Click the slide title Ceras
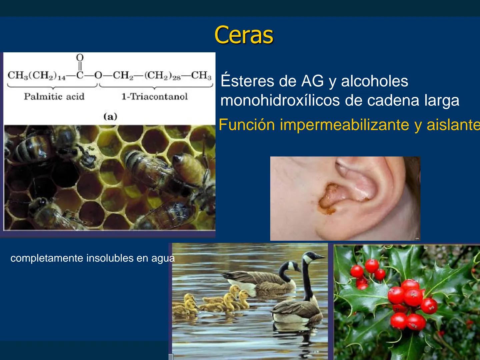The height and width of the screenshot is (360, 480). (x=244, y=35)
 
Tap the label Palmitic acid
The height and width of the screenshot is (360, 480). (x=54, y=97)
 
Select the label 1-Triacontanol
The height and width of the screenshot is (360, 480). (x=154, y=97)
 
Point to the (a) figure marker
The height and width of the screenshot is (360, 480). (x=110, y=116)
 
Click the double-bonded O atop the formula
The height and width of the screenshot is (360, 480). (x=80, y=58)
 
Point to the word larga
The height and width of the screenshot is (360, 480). (x=442, y=100)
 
